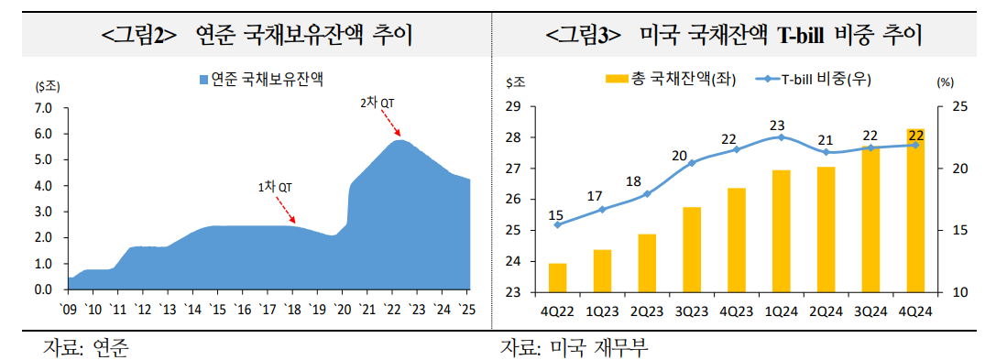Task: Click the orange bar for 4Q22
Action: click(557, 278)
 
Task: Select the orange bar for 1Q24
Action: click(782, 231)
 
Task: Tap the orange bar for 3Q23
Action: click(692, 249)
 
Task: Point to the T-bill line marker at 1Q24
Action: click(782, 137)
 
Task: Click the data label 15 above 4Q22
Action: click(555, 215)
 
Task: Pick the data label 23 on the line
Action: click(778, 125)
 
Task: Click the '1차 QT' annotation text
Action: click(275, 187)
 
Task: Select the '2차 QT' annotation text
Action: click(377, 103)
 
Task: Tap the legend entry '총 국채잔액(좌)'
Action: click(665, 80)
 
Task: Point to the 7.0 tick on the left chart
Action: click(45, 108)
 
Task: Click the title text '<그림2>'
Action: click(139, 37)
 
